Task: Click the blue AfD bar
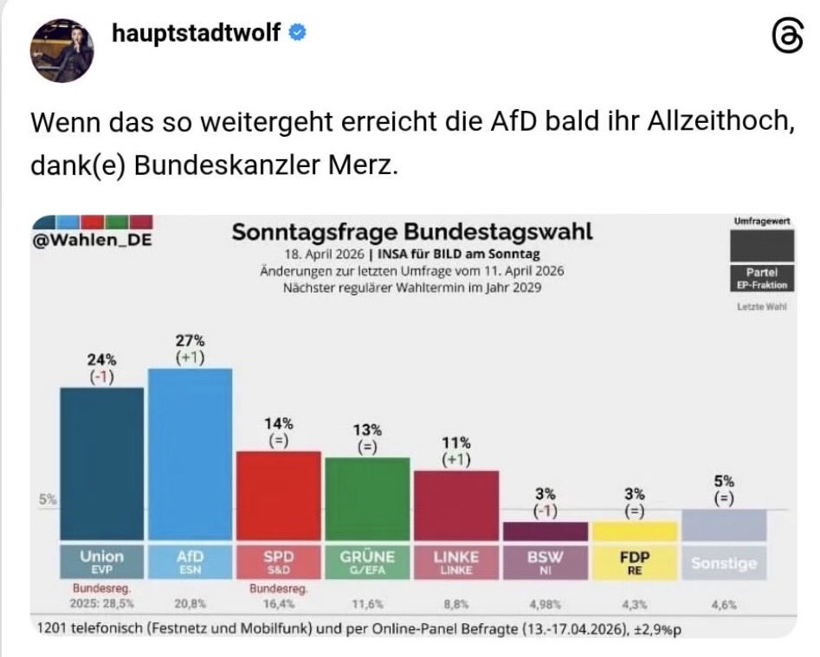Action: (190, 454)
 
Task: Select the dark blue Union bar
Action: (101, 463)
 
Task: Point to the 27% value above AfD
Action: (190, 341)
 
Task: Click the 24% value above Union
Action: (101, 359)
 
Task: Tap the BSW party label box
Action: (545, 561)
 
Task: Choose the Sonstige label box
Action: (723, 563)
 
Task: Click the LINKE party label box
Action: (455, 561)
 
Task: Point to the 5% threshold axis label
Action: (47, 499)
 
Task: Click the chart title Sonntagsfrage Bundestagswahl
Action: (412, 233)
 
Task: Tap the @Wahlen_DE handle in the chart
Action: (91, 240)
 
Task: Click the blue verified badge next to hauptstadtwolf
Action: (295, 33)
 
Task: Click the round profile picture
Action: (62, 50)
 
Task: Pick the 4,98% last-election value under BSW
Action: (545, 605)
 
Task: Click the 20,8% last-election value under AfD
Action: (190, 605)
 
